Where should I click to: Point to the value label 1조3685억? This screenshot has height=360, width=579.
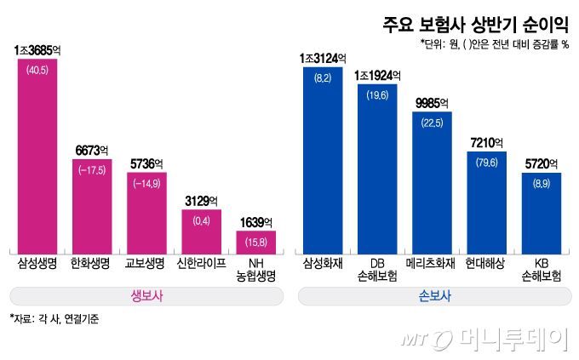coord(37,51)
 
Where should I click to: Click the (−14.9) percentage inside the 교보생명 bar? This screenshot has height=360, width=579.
coord(146,182)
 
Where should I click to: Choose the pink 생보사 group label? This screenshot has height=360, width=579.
coord(146,296)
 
